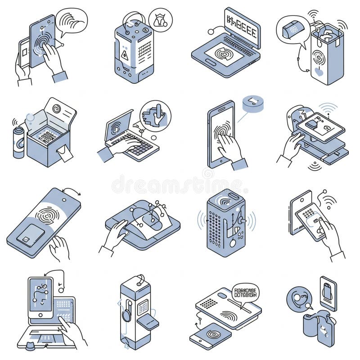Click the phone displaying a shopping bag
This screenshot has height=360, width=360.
pos(328,292)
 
